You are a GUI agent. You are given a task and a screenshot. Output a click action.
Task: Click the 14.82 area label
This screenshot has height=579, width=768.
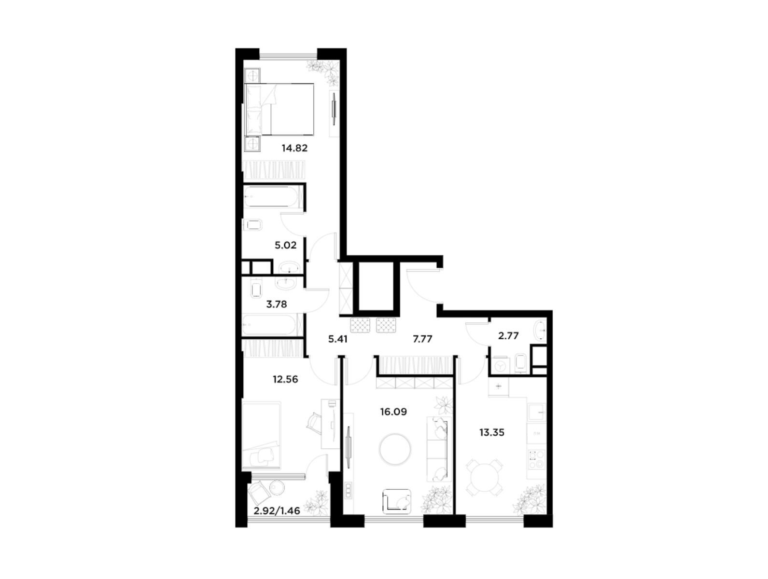[294, 148]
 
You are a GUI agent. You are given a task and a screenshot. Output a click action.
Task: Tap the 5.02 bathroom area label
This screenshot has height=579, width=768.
[285, 245]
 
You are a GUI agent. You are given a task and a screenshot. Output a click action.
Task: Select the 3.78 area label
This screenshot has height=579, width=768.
[277, 304]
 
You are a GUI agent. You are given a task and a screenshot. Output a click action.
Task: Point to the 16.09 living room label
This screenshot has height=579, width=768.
[393, 412]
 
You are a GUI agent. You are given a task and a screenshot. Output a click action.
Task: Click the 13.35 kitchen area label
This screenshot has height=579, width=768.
[492, 432]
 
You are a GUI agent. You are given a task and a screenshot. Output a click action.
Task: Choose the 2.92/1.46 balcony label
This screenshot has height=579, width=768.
[277, 511]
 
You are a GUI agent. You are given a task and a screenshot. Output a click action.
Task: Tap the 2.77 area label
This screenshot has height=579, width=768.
[508, 336]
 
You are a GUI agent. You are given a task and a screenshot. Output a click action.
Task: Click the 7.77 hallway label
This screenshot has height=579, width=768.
[423, 339]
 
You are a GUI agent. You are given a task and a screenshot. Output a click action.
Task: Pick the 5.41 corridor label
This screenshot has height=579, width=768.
[337, 339]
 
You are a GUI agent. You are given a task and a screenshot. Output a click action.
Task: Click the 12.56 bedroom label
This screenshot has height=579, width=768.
[285, 379]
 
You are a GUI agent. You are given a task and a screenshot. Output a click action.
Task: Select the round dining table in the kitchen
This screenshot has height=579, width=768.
[485, 477]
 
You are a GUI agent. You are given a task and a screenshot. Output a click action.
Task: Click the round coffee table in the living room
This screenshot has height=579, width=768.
[395, 449]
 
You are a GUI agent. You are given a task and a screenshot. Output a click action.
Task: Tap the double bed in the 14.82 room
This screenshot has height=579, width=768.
[279, 109]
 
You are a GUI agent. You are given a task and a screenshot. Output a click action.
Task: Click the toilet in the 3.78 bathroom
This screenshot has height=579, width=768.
[256, 289]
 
